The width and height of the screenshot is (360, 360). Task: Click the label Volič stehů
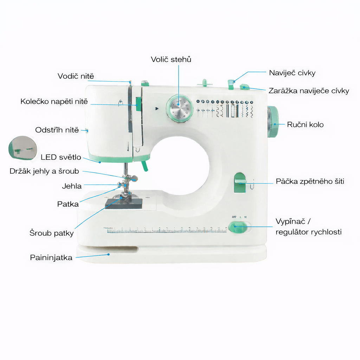[x=171, y=59]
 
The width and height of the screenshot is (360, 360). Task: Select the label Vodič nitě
[x=76, y=76]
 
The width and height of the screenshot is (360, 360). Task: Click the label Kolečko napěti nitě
[x=54, y=101]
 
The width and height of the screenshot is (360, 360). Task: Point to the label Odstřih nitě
[x=57, y=130]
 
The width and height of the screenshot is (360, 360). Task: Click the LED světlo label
[x=61, y=157]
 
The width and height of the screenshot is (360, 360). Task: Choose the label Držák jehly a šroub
[x=44, y=171]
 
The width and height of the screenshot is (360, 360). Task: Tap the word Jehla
[x=72, y=186]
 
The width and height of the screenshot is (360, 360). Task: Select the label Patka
[x=68, y=204]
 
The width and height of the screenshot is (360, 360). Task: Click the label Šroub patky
[x=51, y=233]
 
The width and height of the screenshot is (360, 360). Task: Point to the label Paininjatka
[x=51, y=258]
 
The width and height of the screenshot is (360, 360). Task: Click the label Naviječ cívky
[x=292, y=73]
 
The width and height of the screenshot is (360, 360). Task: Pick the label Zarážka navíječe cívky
[x=309, y=91]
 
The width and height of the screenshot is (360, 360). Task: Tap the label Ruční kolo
[x=306, y=125]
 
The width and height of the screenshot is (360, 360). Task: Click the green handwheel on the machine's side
[x=273, y=122]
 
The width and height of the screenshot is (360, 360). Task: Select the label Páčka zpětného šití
[x=310, y=181]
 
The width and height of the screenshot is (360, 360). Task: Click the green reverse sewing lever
[x=240, y=182]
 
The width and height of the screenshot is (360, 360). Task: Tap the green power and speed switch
[x=238, y=227]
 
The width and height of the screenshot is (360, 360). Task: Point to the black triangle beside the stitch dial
[x=157, y=109]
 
